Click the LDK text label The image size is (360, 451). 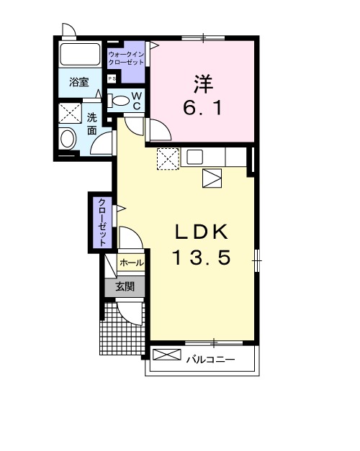point(202,232)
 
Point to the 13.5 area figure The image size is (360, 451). point(201,257)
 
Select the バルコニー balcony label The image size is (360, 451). point(210,358)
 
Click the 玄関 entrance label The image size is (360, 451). point(126,286)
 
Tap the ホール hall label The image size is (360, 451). point(131,264)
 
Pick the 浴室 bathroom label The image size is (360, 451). point(78,83)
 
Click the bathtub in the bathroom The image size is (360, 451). point(78,55)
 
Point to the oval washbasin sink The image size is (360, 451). point(68,138)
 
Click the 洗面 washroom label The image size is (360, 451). point(92,124)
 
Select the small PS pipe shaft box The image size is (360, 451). point(112,79)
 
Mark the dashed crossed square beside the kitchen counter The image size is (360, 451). point(168,157)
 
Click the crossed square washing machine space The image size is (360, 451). point(70,114)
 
